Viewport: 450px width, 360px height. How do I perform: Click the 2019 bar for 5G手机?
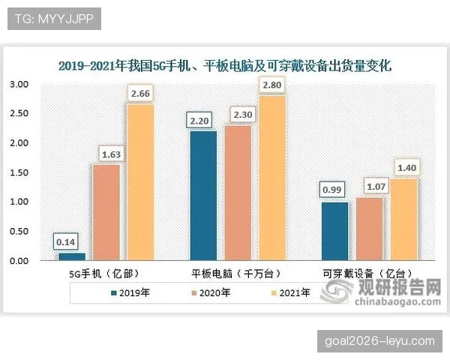click(71, 256)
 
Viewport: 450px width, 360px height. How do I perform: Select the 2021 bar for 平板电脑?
click(273, 178)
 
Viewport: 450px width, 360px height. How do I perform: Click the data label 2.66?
click(140, 94)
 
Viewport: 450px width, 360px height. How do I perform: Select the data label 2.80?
click(271, 85)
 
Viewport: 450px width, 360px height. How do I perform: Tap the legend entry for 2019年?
click(130, 293)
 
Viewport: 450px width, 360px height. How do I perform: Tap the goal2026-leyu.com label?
click(380, 340)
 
